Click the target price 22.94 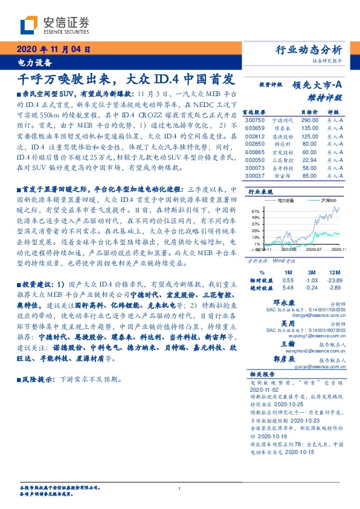tap(309, 160)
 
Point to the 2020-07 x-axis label tap(314, 249)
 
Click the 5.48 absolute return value tap(288, 288)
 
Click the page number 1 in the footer tap(180, 489)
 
